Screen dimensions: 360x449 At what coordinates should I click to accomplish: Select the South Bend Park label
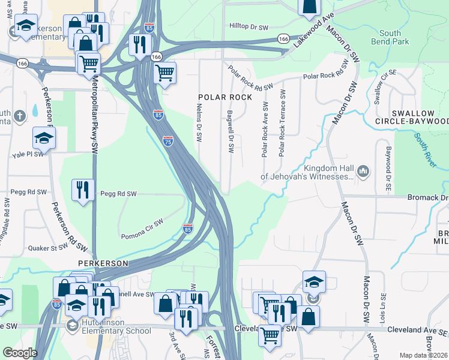click(x=394, y=37)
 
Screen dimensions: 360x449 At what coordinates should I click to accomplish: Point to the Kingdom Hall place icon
click(x=363, y=172)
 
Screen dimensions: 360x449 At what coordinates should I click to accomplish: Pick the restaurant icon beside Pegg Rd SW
click(x=82, y=190)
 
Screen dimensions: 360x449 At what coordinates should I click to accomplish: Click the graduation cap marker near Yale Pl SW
click(x=44, y=138)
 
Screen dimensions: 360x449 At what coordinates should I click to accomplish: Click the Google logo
click(x=20, y=353)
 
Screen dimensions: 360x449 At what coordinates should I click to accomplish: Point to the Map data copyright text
click(x=424, y=355)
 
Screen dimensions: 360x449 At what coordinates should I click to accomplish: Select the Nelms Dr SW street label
click(x=199, y=122)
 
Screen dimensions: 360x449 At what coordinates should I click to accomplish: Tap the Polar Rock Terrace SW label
click(x=282, y=124)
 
